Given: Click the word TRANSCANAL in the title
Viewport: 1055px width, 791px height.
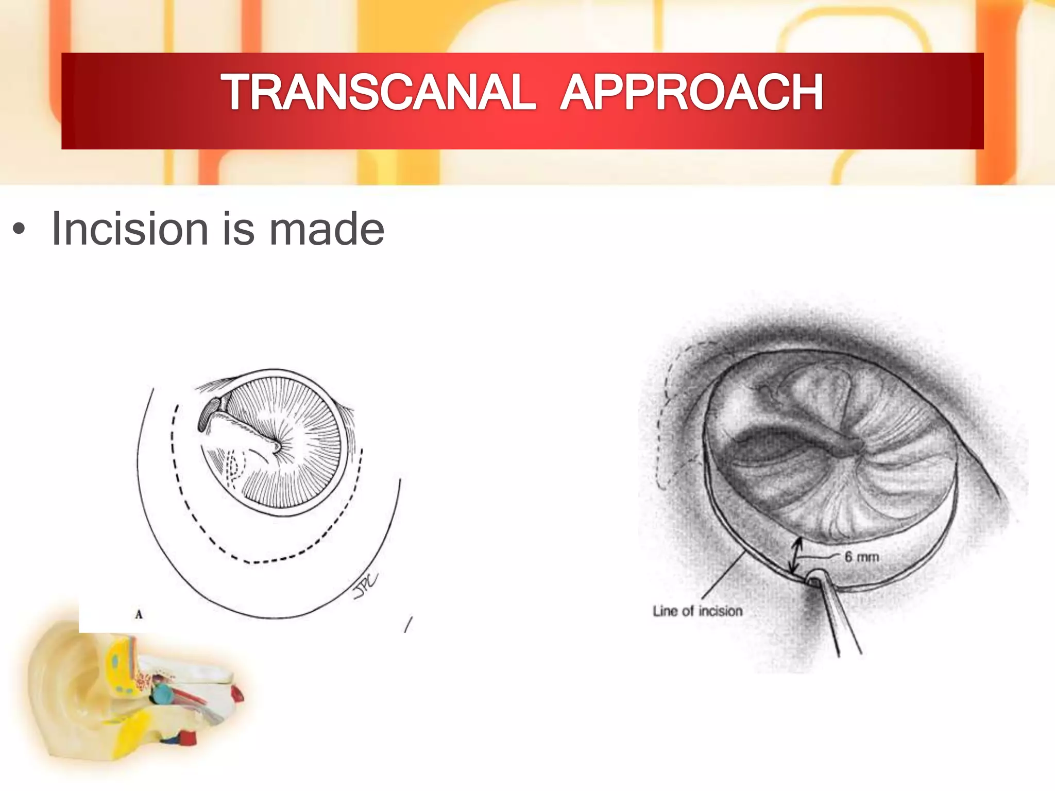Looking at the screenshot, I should point(379,93).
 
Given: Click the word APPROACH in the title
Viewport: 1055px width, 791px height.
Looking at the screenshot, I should point(692,93).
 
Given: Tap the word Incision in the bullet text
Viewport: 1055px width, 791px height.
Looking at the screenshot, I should point(130,229).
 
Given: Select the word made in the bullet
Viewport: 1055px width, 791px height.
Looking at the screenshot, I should point(327,229).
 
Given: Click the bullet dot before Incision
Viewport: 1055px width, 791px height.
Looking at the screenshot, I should point(19,230).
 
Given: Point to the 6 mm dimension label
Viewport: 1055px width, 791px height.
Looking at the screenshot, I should point(862,557).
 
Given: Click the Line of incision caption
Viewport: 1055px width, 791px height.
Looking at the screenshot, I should point(697,611).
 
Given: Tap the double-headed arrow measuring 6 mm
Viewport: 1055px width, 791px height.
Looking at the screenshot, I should point(797,556).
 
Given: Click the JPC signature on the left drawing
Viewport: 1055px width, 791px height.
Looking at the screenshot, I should point(365,586).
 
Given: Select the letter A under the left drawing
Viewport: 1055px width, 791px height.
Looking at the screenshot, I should point(138,614).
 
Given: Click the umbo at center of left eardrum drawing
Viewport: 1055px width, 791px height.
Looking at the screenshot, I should point(277,447).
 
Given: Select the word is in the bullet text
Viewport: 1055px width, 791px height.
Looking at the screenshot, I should point(238,229).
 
